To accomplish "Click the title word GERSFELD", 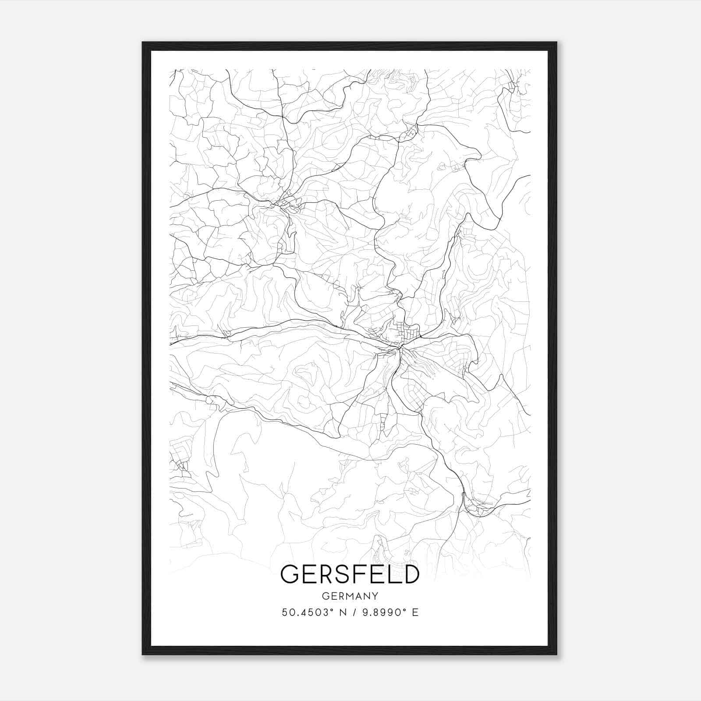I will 350,574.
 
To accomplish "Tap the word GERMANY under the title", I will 350,596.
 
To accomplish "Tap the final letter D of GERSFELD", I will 411,574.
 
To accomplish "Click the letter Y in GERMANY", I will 375,596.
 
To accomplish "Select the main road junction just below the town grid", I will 400,348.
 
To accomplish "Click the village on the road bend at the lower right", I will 475,508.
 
